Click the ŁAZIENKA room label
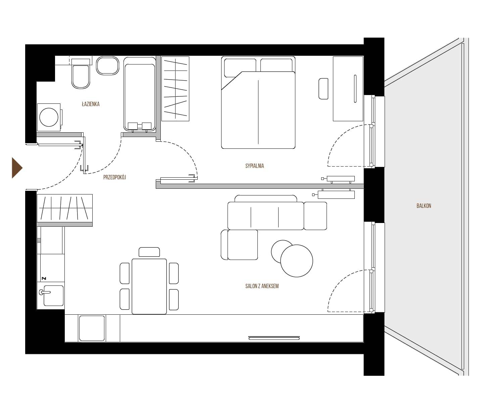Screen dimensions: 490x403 point(91,104)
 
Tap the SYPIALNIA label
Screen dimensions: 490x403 point(254,166)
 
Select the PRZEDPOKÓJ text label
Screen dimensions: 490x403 point(114,177)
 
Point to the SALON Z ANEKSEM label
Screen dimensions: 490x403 point(262,286)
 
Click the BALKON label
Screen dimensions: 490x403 point(424,206)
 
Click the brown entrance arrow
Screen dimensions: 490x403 point(17,168)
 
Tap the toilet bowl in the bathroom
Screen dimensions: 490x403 point(81,77)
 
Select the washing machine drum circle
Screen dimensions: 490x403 point(49,117)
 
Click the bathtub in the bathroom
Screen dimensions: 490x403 point(140,94)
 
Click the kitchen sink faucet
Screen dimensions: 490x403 point(44,292)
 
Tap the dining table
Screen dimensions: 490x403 point(149,286)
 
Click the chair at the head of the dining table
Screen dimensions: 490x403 point(149,252)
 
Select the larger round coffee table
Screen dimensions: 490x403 point(296,261)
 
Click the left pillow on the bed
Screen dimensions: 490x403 point(240,68)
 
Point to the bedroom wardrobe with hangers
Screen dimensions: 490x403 point(176,89)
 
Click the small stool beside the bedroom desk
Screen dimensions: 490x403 point(323,89)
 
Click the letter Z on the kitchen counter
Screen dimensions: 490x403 point(44,278)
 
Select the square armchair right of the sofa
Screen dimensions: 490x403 point(315,216)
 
